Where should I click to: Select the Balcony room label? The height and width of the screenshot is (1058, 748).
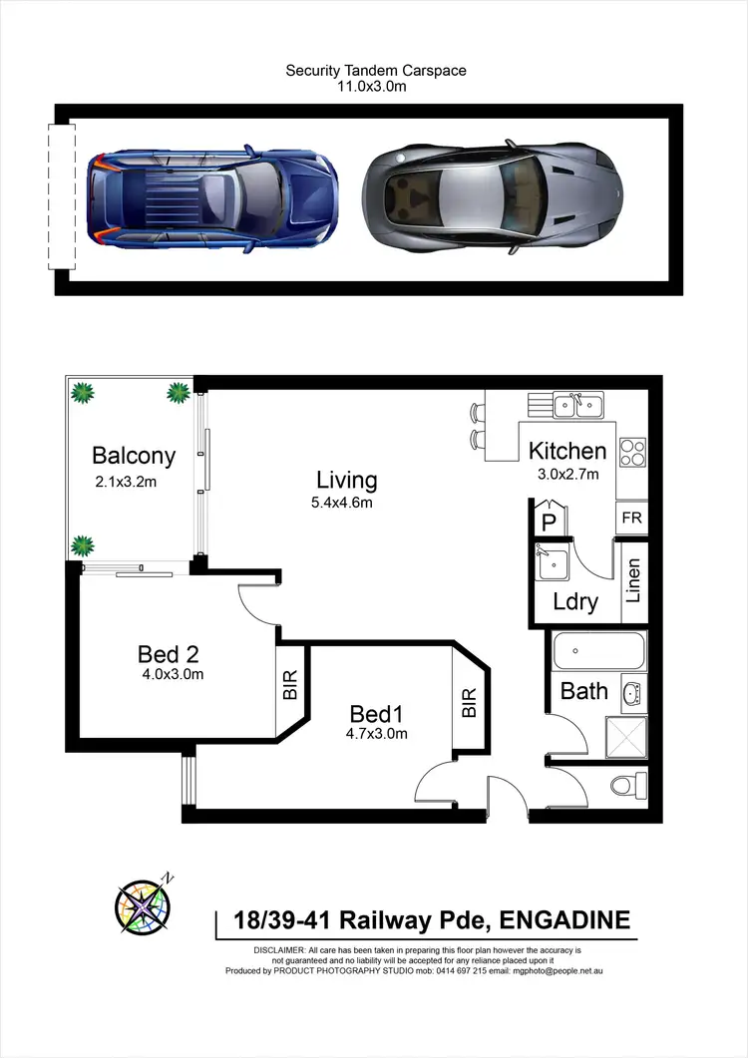134,456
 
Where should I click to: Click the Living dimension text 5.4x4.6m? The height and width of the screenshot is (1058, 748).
341,503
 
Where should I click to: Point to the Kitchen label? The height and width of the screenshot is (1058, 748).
566,451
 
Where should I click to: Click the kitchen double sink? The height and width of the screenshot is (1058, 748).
575,405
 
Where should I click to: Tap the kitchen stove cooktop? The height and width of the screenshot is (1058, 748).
632,453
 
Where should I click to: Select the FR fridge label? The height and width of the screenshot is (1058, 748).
630,518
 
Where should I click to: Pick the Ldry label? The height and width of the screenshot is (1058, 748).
575,601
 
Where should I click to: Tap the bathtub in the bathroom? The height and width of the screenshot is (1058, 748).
595,653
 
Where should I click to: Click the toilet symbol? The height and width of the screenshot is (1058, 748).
626,786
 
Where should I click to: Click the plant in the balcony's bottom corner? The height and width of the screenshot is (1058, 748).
83,545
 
